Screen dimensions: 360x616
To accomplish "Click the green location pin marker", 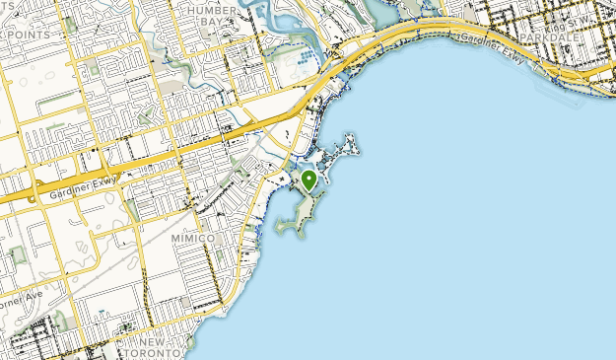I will click(308, 180).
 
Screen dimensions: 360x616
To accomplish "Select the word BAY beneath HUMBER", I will click(211, 21).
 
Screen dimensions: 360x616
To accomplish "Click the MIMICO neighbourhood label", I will click(192, 238).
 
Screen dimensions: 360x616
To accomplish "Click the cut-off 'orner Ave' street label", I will click(20, 295).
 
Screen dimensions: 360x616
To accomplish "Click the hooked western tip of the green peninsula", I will click(280, 229).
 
